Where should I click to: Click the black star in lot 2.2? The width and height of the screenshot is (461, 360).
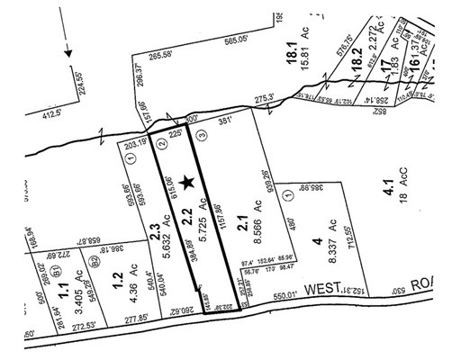(x=187, y=183)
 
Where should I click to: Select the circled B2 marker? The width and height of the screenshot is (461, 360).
(x=94, y=263)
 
